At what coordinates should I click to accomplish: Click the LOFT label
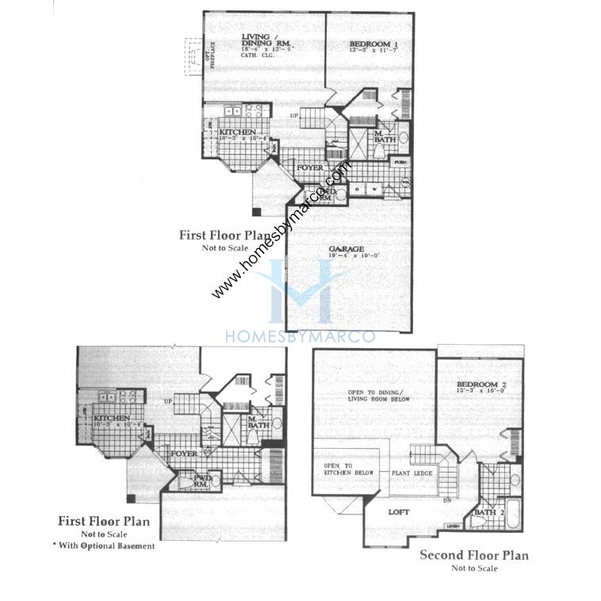point(399,513)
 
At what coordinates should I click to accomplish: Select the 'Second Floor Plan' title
point(473,555)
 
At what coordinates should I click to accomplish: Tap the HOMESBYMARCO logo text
point(300,337)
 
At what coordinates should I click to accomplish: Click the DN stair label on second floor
point(447,500)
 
